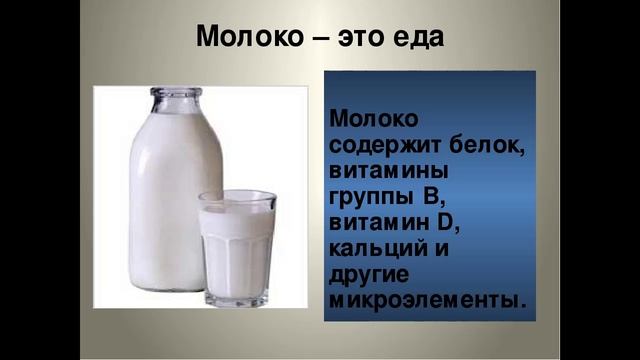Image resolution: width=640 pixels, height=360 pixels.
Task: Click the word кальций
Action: [377, 249]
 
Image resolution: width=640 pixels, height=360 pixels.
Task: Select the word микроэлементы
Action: [424, 300]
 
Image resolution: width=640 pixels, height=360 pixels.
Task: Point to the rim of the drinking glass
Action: [237, 197]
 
